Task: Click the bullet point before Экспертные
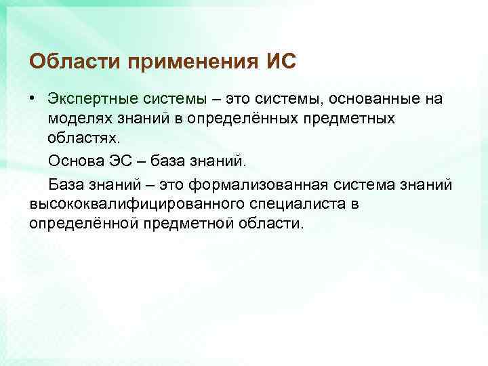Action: (33, 99)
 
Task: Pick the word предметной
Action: (179, 223)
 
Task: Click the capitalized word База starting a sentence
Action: (66, 184)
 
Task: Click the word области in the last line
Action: (272, 223)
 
